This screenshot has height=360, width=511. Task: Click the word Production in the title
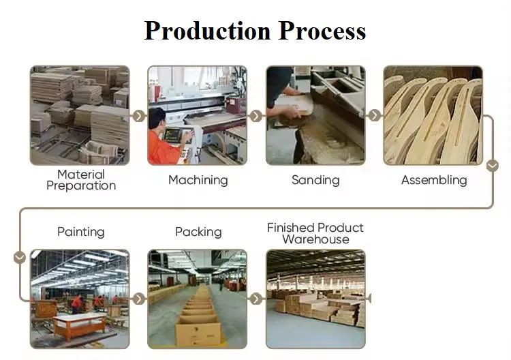(207, 31)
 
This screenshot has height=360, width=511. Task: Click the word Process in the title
(322, 31)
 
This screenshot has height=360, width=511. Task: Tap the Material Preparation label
(81, 180)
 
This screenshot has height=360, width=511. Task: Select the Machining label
(198, 180)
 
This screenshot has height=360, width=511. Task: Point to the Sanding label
(315, 180)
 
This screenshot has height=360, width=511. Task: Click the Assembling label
(434, 180)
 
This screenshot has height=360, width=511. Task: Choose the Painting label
(81, 232)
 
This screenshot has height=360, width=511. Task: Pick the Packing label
(198, 232)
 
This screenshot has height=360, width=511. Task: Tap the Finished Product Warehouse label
(315, 233)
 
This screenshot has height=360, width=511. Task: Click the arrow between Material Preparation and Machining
(139, 116)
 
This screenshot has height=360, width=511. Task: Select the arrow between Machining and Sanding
(256, 116)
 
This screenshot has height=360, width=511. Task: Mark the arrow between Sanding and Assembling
(375, 115)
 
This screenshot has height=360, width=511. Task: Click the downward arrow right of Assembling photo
(493, 165)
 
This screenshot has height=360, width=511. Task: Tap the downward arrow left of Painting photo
(20, 257)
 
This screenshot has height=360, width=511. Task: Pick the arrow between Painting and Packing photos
(139, 299)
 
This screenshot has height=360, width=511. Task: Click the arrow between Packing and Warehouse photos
(256, 299)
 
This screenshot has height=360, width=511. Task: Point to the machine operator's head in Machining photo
(157, 118)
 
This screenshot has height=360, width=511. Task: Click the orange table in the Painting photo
(80, 325)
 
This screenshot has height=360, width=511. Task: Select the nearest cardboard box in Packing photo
(199, 332)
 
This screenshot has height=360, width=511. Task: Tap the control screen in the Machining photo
(172, 135)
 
